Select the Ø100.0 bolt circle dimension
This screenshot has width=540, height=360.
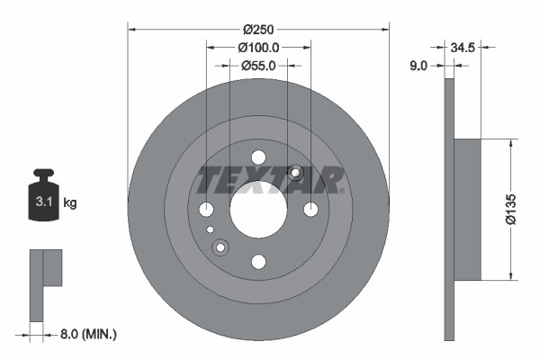(258, 47)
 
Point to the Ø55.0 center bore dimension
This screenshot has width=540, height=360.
(258, 65)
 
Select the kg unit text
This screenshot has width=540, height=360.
(70, 203)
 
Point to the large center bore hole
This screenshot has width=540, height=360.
(258, 210)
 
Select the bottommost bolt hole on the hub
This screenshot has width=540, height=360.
(258, 262)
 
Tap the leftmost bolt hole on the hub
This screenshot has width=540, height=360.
(206, 210)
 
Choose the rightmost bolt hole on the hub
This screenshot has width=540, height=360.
(310, 210)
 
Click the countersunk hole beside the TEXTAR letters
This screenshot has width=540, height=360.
(295, 173)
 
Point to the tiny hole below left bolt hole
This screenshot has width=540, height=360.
(210, 230)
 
